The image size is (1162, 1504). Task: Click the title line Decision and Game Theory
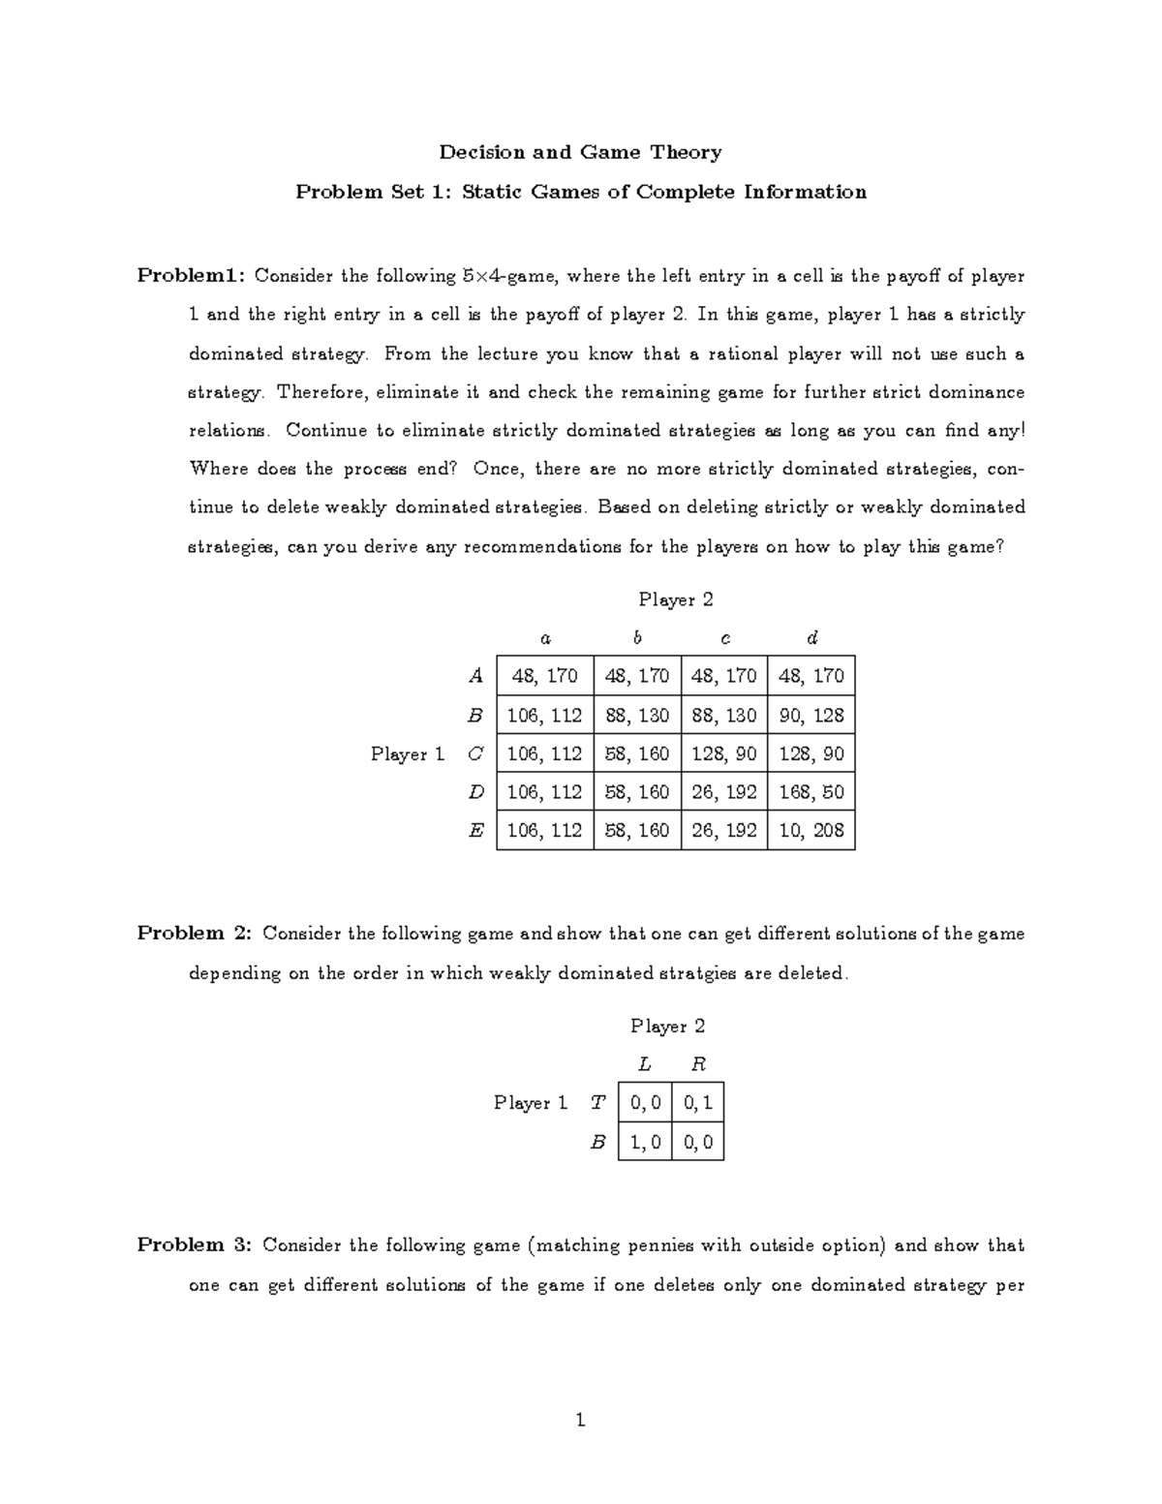[580, 152]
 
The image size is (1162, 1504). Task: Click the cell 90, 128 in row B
[810, 715]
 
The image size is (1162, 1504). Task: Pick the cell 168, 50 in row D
[810, 792]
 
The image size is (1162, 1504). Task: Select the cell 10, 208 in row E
[810, 830]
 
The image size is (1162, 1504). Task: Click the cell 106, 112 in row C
[544, 753]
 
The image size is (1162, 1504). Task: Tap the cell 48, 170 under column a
[544, 676]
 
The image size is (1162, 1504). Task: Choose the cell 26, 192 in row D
[723, 792]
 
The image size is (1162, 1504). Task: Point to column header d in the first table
[811, 637]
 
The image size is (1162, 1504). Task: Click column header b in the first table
[637, 637]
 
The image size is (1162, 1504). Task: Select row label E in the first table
[474, 830]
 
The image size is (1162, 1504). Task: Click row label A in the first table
[474, 676]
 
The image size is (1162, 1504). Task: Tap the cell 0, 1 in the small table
[697, 1103]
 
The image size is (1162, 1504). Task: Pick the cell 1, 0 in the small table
[645, 1142]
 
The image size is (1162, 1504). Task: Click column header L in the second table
[645, 1064]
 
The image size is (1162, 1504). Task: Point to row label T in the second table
[597, 1103]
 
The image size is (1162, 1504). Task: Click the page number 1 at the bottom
[580, 1420]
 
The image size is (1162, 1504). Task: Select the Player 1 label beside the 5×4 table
[407, 753]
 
